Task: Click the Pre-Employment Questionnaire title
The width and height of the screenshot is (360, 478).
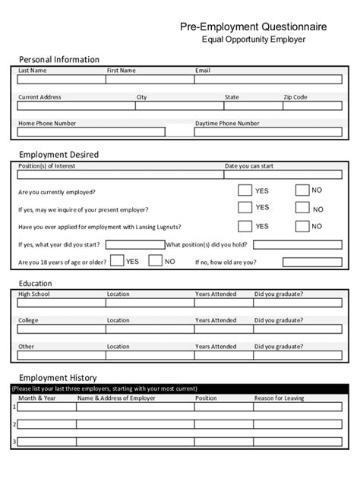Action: click(254, 27)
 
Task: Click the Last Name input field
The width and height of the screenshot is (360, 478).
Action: click(62, 79)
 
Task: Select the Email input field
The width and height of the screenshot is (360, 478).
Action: click(268, 79)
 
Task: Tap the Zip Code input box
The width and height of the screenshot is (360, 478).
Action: click(312, 105)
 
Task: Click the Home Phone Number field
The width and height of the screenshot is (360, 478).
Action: click(90, 131)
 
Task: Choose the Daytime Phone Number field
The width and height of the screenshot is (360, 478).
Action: click(268, 131)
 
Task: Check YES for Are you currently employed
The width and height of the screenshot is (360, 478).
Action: click(245, 190)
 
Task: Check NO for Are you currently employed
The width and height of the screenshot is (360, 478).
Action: click(302, 190)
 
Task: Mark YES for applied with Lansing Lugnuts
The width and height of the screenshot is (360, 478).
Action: click(245, 225)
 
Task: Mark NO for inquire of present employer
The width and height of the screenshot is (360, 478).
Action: click(302, 208)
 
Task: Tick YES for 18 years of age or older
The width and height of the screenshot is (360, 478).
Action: click(117, 261)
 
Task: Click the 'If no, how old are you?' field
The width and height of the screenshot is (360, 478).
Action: click(312, 262)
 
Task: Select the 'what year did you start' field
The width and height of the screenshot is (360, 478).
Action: click(134, 244)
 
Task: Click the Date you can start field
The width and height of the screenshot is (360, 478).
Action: click(283, 174)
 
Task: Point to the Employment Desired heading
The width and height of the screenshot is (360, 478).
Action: click(58, 154)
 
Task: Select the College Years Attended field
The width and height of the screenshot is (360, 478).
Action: click(223, 329)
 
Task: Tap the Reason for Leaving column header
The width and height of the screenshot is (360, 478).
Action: click(279, 398)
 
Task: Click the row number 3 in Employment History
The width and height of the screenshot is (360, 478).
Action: click(14, 442)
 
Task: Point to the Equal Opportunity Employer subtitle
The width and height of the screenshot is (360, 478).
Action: click(253, 39)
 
